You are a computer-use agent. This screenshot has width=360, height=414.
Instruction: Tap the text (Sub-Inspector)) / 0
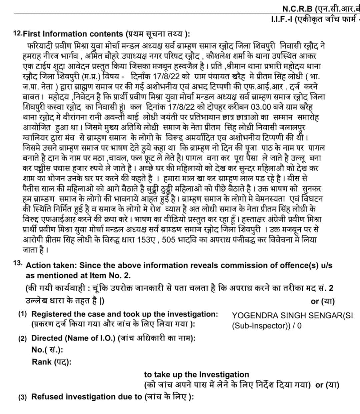(x=267, y=326)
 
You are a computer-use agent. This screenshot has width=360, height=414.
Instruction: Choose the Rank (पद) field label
(x=51, y=362)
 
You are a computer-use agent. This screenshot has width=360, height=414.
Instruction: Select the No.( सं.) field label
(x=47, y=350)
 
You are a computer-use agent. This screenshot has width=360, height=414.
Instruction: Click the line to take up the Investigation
(x=196, y=374)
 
